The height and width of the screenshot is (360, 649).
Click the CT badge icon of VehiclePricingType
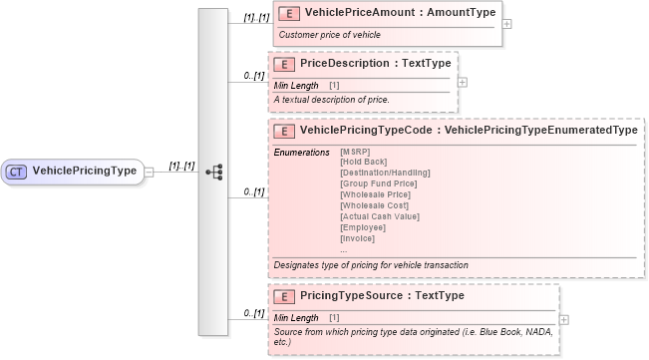(x=17, y=171)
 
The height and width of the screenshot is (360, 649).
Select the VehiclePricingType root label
(x=84, y=171)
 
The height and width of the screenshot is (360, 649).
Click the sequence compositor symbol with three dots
(x=213, y=171)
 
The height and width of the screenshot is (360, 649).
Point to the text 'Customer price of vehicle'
(x=329, y=35)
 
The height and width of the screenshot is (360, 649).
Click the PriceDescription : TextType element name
(x=375, y=63)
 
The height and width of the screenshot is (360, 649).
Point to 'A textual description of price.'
(x=331, y=100)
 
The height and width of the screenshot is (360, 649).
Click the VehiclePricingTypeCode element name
(x=469, y=130)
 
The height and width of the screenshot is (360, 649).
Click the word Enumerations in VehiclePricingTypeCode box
(x=301, y=152)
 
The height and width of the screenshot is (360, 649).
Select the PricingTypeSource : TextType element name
(x=381, y=296)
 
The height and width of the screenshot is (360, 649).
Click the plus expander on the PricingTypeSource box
(x=565, y=319)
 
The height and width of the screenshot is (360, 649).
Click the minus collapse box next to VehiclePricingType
(x=149, y=171)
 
